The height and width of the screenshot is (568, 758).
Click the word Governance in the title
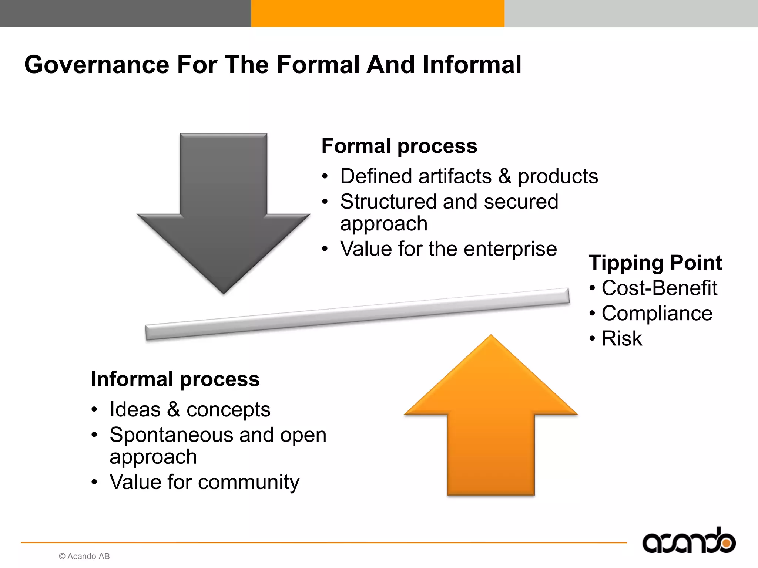97,65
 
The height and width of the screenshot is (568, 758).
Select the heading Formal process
399,146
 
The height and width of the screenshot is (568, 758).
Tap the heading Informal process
175,379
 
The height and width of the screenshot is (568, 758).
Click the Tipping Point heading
655,263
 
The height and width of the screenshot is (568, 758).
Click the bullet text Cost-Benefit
659,288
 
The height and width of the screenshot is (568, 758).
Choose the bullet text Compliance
657,314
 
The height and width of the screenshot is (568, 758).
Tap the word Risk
622,338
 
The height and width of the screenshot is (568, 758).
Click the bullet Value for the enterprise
448,249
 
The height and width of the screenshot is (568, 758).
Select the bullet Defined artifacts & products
469,176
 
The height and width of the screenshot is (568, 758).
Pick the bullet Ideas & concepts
190,410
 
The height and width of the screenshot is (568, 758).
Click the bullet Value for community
204,482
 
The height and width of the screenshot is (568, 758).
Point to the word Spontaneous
171,435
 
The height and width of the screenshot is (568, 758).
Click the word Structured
388,202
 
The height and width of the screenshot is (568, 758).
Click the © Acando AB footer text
84,556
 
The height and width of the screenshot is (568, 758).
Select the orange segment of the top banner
378,13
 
